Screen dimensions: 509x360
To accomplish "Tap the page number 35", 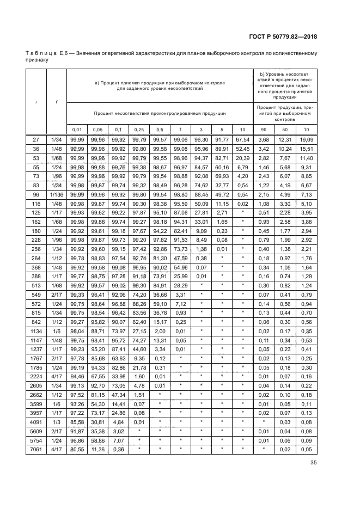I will pos(313,463).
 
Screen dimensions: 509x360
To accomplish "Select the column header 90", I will pos(264,130).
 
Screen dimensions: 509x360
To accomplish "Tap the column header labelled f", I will pos(57,102).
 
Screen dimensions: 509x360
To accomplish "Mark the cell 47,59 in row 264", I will pos(179,259).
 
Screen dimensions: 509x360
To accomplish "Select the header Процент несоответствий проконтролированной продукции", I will pos(159,113).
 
